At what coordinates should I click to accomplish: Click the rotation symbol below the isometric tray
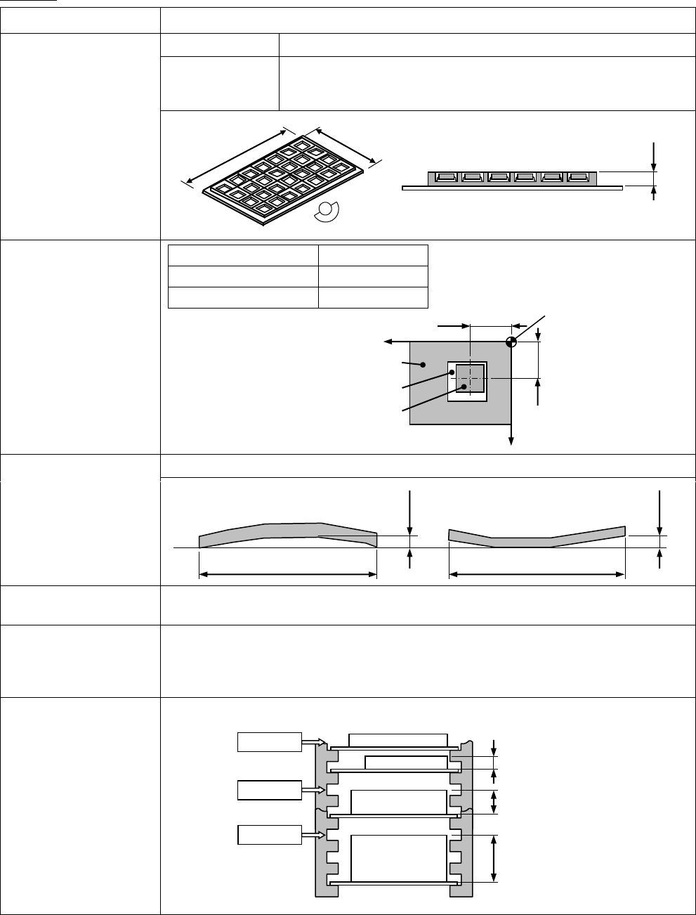pyautogui.click(x=327, y=211)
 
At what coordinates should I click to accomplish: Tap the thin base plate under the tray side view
pyautogui.click(x=512, y=188)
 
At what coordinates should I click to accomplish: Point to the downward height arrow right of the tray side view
pyautogui.click(x=655, y=155)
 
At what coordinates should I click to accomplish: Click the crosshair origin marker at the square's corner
pyautogui.click(x=511, y=342)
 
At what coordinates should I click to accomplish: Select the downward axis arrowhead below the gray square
pyautogui.click(x=511, y=441)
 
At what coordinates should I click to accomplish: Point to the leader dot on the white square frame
pyautogui.click(x=450, y=374)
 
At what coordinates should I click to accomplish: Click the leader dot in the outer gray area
pyautogui.click(x=423, y=365)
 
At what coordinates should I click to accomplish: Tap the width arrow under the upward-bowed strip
pyautogui.click(x=288, y=575)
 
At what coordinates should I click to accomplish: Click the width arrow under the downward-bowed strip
pyautogui.click(x=537, y=575)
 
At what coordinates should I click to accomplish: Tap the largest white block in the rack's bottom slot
pyautogui.click(x=399, y=857)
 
